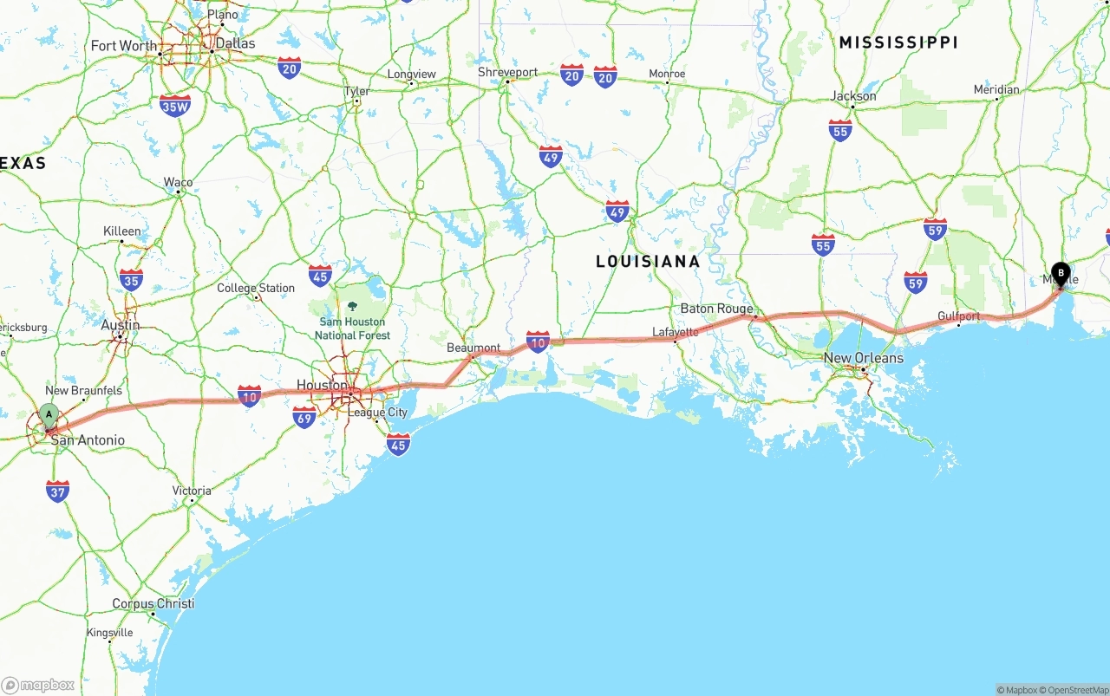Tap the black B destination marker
tap(1060, 273)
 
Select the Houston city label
tap(322, 385)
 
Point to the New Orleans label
tap(863, 358)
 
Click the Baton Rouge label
tap(716, 309)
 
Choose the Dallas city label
tap(235, 43)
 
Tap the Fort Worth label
tap(124, 46)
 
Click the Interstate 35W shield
tap(175, 106)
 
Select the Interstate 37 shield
tap(58, 491)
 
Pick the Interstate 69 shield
tap(304, 418)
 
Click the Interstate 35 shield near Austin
tap(131, 279)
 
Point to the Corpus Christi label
tap(153, 603)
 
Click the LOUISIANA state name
tap(648, 261)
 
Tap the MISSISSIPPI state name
tap(898, 42)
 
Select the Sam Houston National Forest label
tap(352, 328)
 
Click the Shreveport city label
tap(508, 73)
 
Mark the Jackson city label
tap(853, 96)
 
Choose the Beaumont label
tap(473, 348)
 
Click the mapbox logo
tap(38, 685)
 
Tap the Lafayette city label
tap(676, 332)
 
